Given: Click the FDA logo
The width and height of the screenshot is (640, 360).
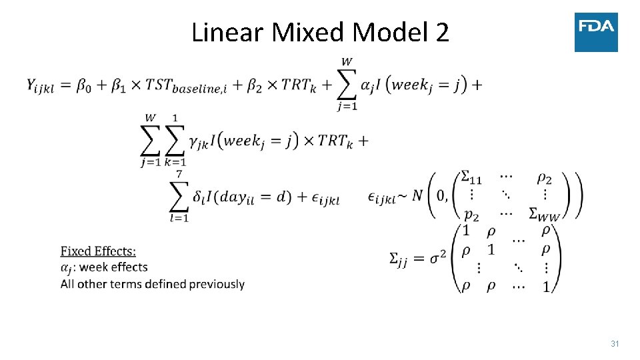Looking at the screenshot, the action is coord(596,31).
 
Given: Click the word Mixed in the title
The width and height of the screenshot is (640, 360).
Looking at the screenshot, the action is coord(307,32).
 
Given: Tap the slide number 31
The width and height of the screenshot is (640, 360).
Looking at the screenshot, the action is coord(615,344).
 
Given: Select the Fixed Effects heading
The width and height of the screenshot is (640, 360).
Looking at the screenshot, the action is coord(98,251).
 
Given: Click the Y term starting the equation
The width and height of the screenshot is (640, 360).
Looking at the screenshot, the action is coord(39,85).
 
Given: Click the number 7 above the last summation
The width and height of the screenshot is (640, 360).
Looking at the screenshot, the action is coord(179,174).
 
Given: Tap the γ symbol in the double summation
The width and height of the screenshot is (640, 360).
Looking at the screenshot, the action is coord(195,141).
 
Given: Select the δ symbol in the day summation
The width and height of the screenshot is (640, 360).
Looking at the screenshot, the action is coord(198,197).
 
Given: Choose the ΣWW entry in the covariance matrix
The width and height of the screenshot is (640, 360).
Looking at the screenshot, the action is coord(544,213).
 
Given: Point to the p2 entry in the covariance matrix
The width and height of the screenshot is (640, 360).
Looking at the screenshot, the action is coord(470,213).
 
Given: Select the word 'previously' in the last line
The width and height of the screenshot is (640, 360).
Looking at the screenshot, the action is coord(217,284).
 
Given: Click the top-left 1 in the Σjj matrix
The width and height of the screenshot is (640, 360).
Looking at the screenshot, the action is coord(466,231).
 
